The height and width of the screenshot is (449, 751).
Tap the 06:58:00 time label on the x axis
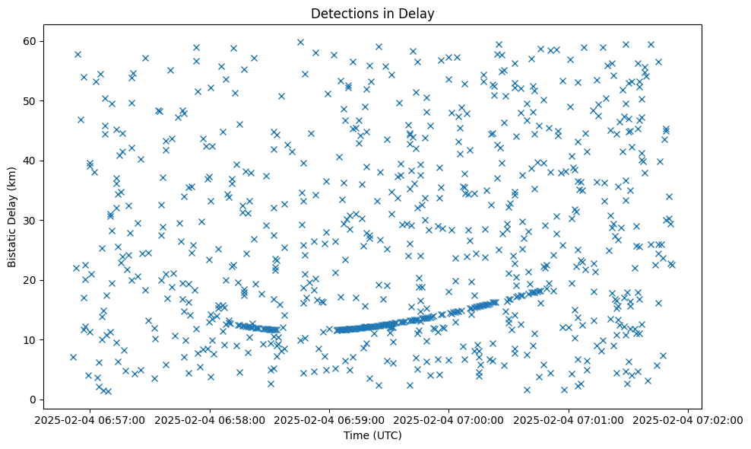tap(210, 419)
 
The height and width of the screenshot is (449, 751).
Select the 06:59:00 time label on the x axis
tap(330, 419)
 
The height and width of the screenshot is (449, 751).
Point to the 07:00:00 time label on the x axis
tap(449, 419)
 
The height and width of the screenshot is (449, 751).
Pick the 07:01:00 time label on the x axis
tap(569, 419)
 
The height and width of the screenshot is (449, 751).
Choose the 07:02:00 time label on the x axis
tap(689, 419)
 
